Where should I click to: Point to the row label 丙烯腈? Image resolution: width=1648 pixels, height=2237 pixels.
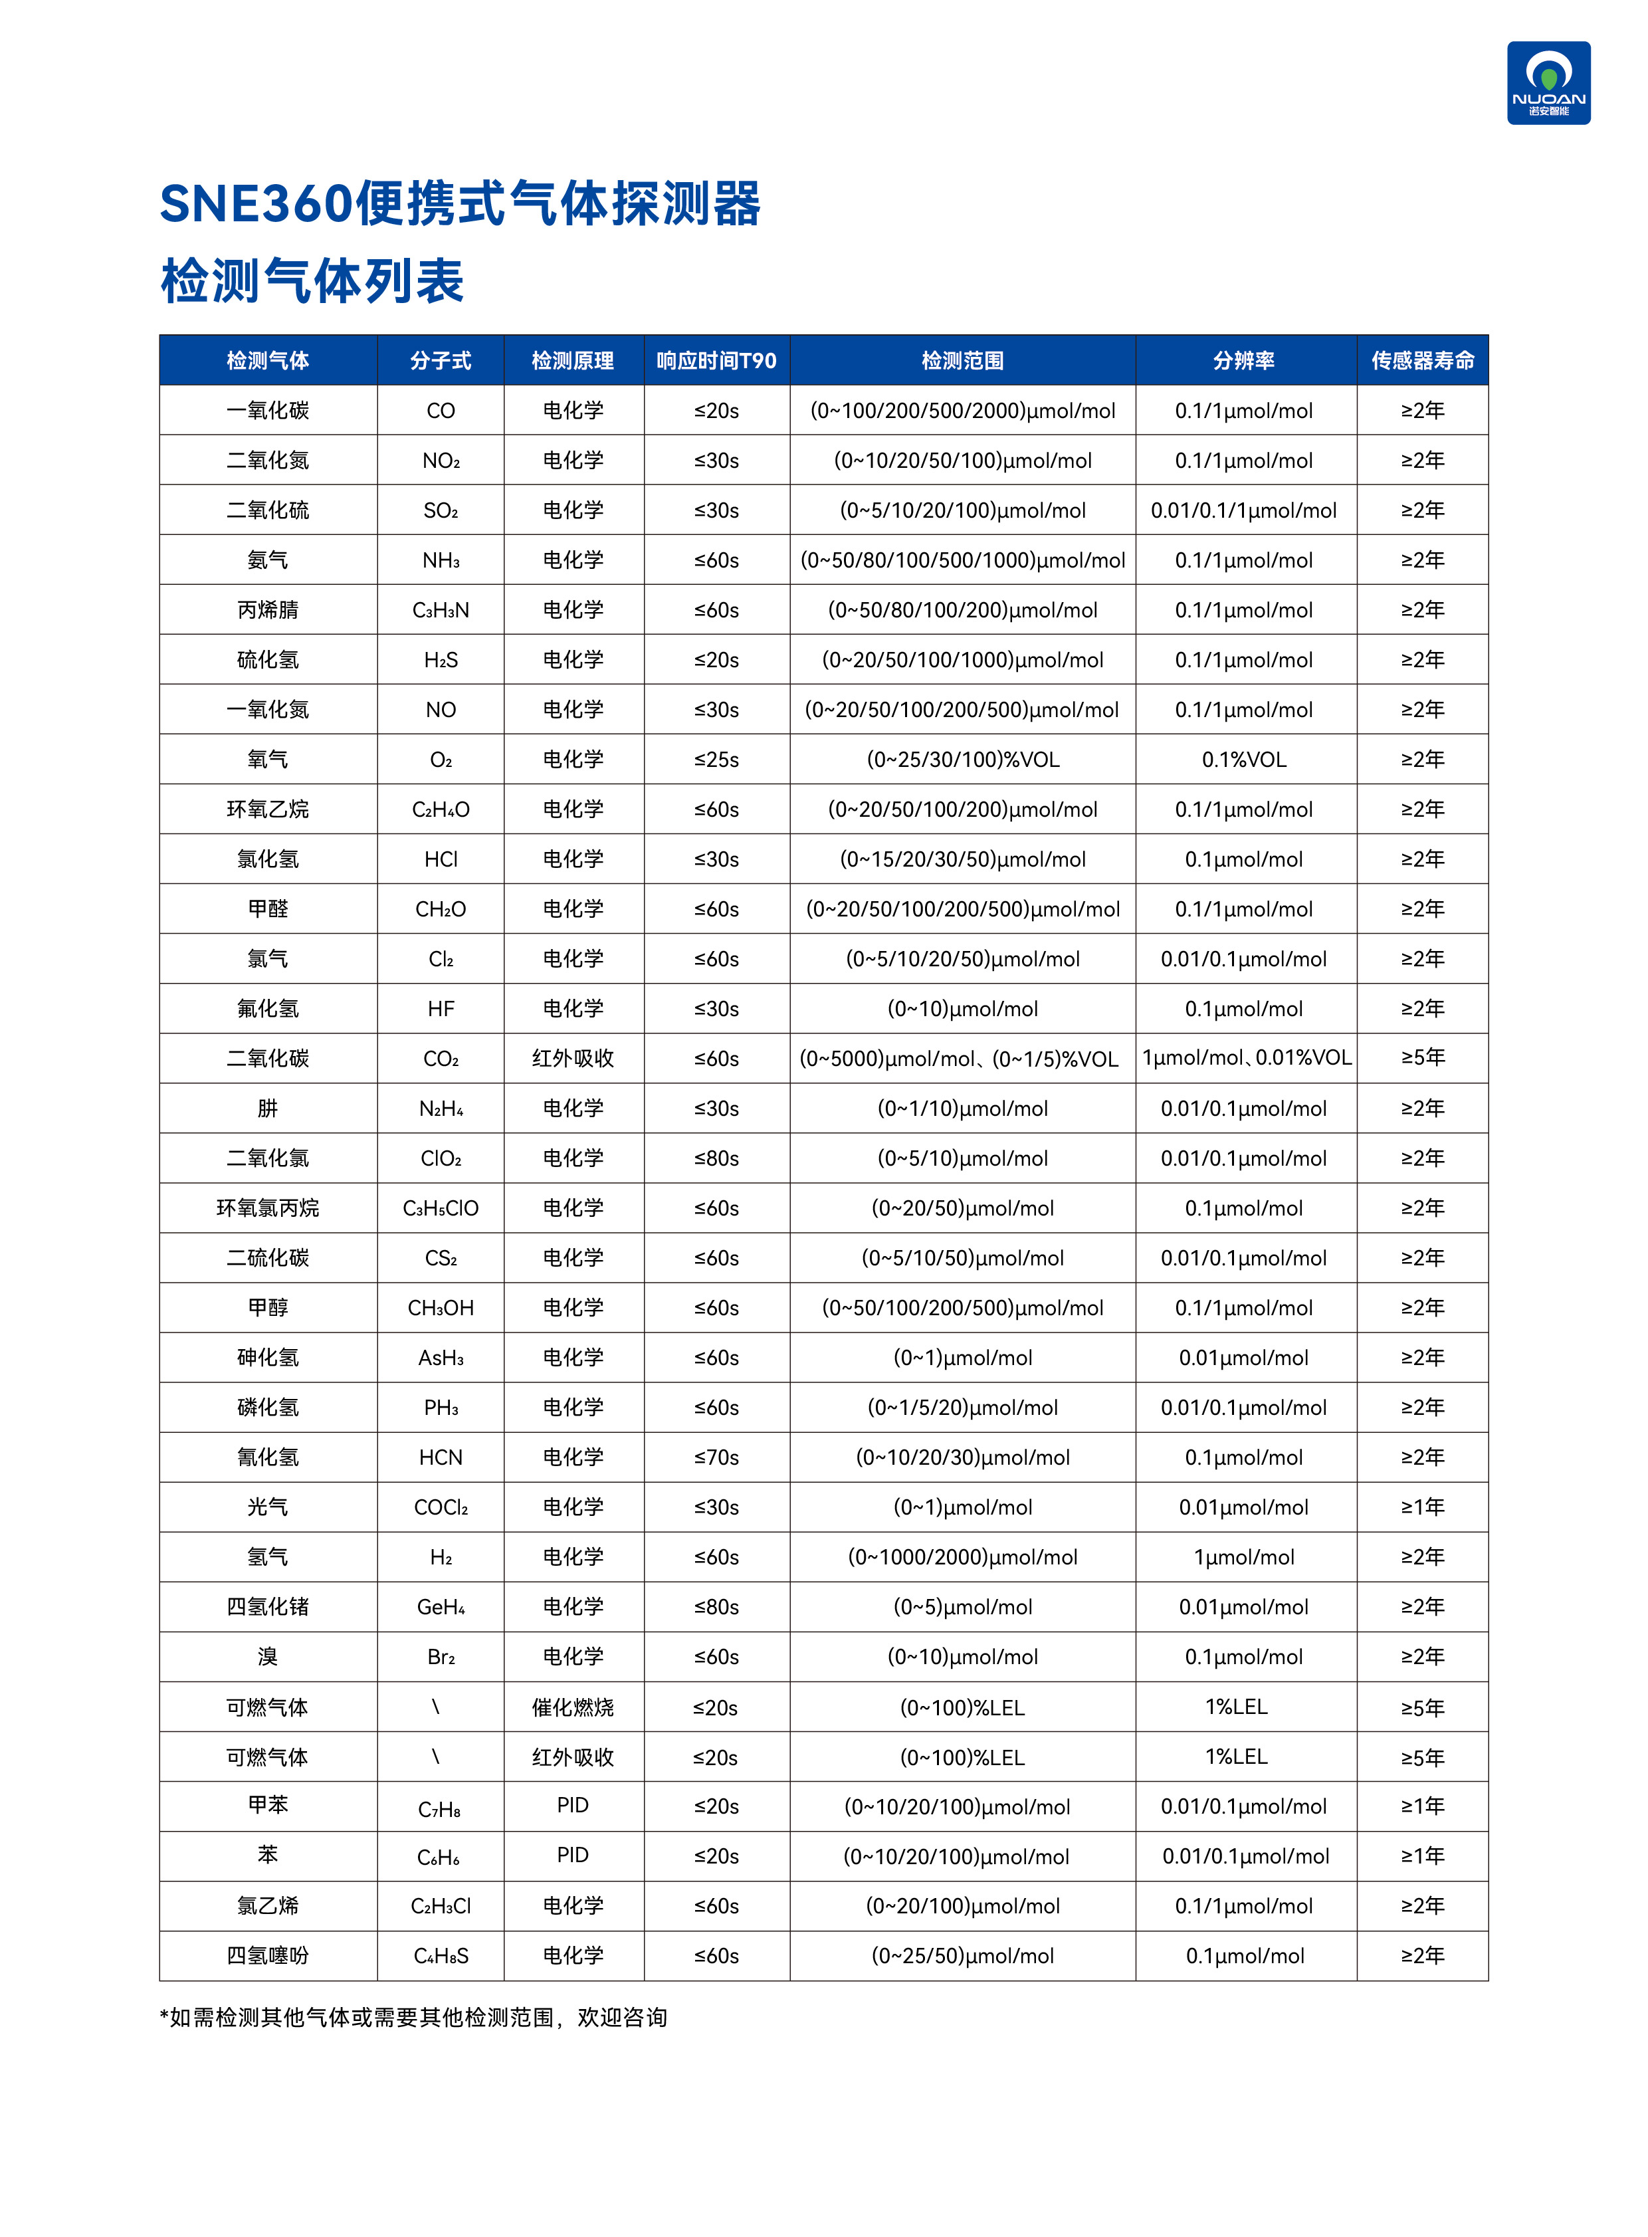(267, 609)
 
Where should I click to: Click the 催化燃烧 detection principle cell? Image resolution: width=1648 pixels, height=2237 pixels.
(573, 1707)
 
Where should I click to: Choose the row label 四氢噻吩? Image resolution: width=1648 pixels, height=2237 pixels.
(267, 1956)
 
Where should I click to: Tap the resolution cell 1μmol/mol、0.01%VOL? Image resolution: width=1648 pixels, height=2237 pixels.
(1246, 1057)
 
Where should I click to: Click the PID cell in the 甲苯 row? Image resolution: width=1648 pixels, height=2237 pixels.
(573, 1805)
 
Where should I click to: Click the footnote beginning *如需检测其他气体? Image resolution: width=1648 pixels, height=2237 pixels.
(413, 2018)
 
